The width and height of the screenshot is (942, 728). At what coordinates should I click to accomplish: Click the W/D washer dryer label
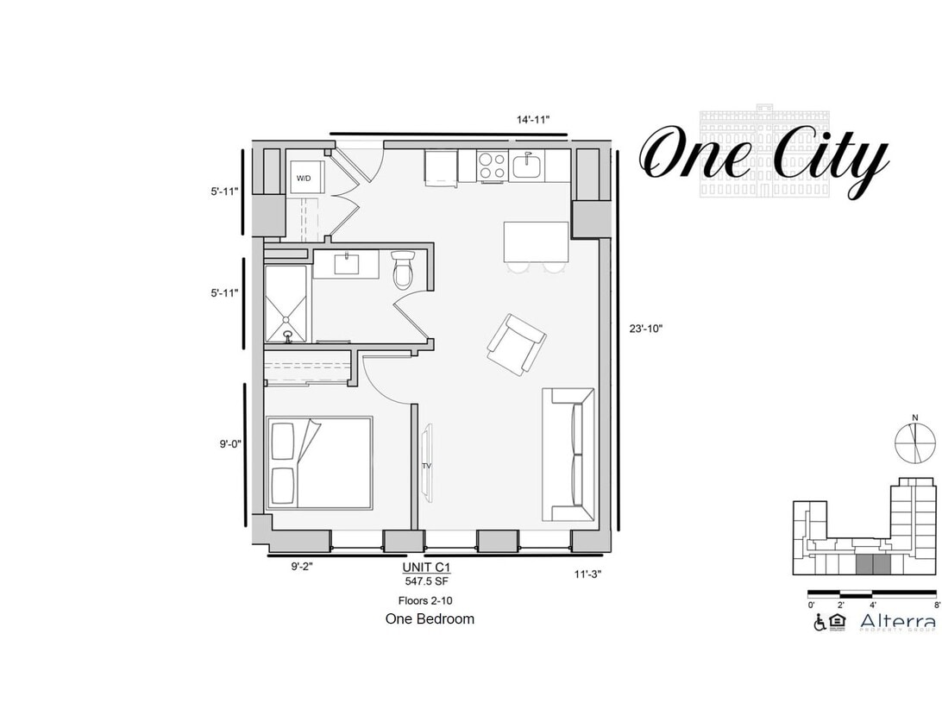pyautogui.click(x=304, y=179)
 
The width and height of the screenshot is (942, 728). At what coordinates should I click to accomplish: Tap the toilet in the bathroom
pyautogui.click(x=403, y=270)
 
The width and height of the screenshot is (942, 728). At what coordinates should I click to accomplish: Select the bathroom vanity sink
pyautogui.click(x=347, y=263)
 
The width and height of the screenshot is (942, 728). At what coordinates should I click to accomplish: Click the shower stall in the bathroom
pyautogui.click(x=286, y=304)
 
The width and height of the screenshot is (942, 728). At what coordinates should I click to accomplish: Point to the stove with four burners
pyautogui.click(x=492, y=166)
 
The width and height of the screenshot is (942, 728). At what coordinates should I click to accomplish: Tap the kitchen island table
pyautogui.click(x=536, y=242)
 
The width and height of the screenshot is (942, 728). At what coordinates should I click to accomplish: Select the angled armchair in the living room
pyautogui.click(x=516, y=344)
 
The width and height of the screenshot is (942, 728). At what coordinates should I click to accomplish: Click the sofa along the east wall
pyautogui.click(x=568, y=455)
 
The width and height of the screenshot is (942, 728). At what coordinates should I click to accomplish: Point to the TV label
pyautogui.click(x=426, y=466)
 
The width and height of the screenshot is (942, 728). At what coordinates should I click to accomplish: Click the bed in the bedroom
pyautogui.click(x=320, y=463)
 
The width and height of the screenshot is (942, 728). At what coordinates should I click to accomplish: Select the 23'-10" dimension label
pyautogui.click(x=646, y=328)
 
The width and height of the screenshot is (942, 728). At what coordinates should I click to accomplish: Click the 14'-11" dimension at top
pyautogui.click(x=533, y=120)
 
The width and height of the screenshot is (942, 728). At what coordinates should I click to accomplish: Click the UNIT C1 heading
pyautogui.click(x=426, y=568)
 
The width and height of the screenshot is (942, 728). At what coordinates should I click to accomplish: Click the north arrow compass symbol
pyautogui.click(x=915, y=442)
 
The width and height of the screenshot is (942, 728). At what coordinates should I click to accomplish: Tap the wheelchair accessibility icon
pyautogui.click(x=819, y=623)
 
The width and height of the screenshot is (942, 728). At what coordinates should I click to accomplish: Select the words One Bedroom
pyautogui.click(x=429, y=618)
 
